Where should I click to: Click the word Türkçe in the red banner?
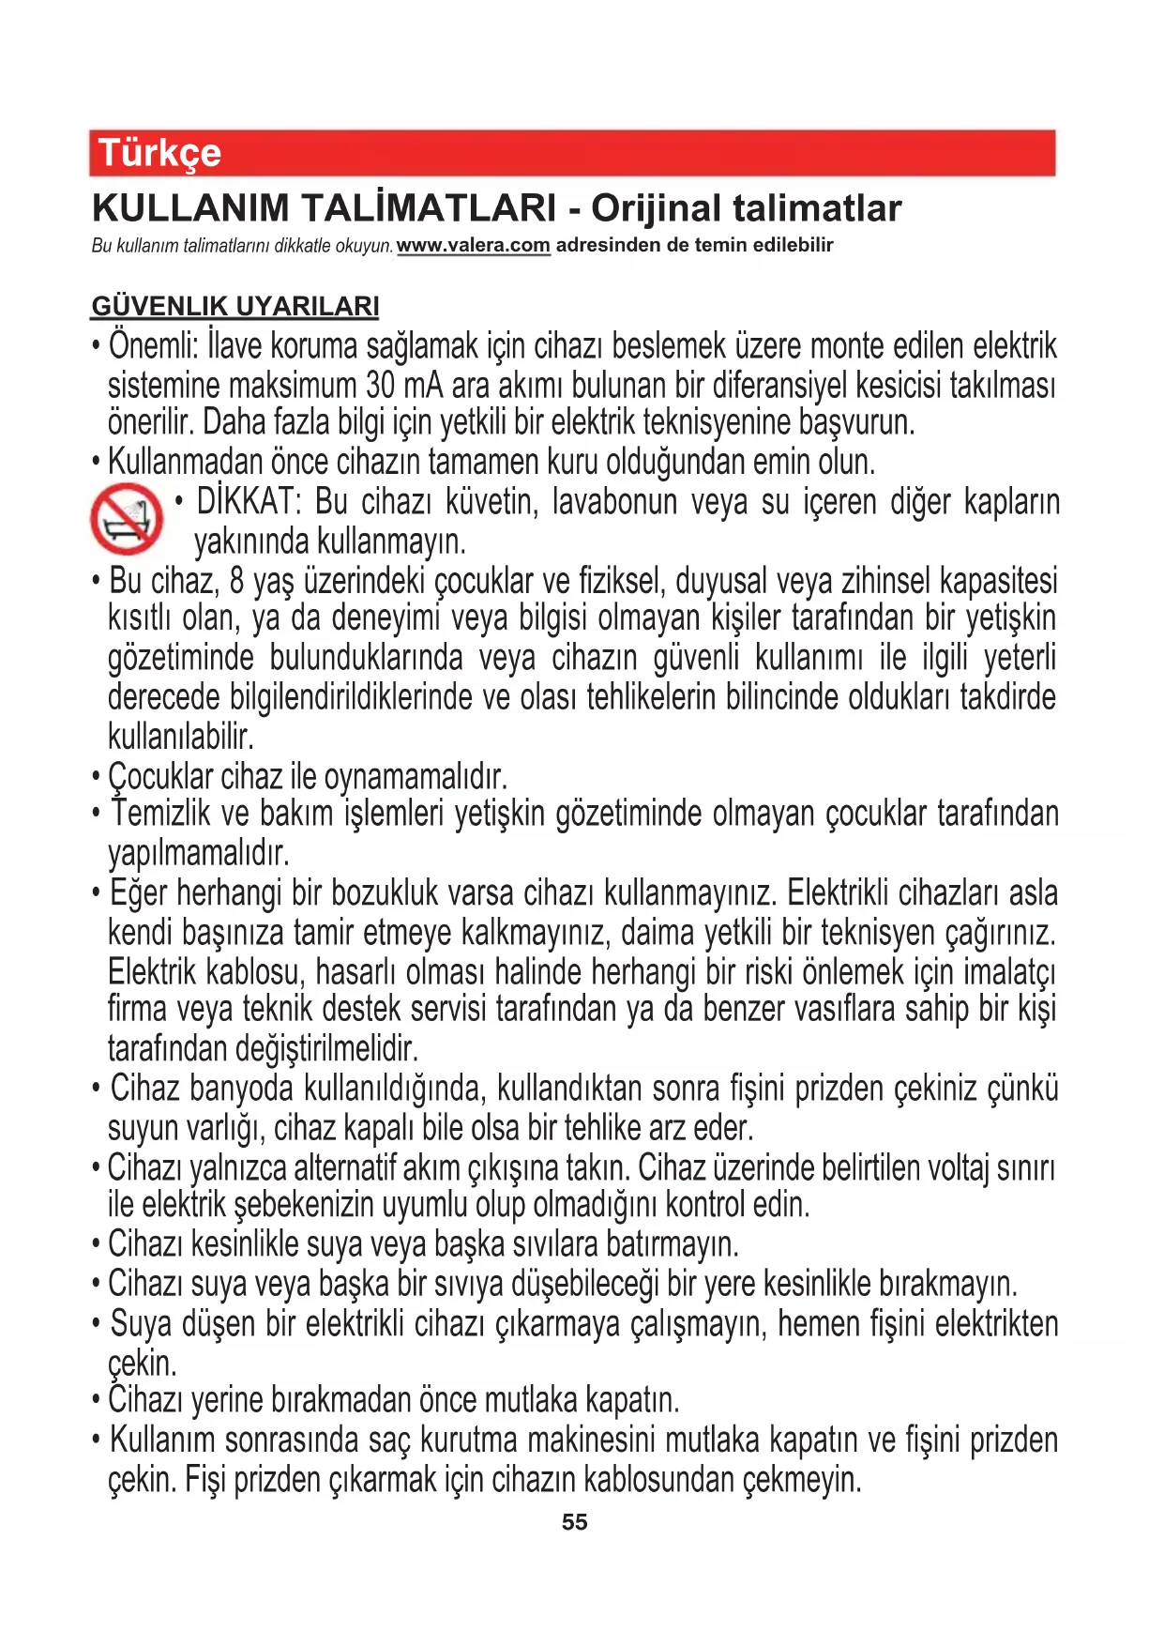pyautogui.click(x=159, y=153)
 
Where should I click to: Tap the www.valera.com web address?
pyautogui.click(x=473, y=246)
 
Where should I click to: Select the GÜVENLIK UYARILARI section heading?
pyautogui.click(x=235, y=306)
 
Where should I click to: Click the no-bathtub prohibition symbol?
pyautogui.click(x=127, y=519)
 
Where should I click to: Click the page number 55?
pyautogui.click(x=574, y=1522)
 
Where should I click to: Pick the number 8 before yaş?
pyautogui.click(x=236, y=581)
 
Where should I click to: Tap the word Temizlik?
pyautogui.click(x=160, y=814)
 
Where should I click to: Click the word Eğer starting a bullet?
pyautogui.click(x=139, y=892)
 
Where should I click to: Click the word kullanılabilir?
pyautogui.click(x=181, y=736)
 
